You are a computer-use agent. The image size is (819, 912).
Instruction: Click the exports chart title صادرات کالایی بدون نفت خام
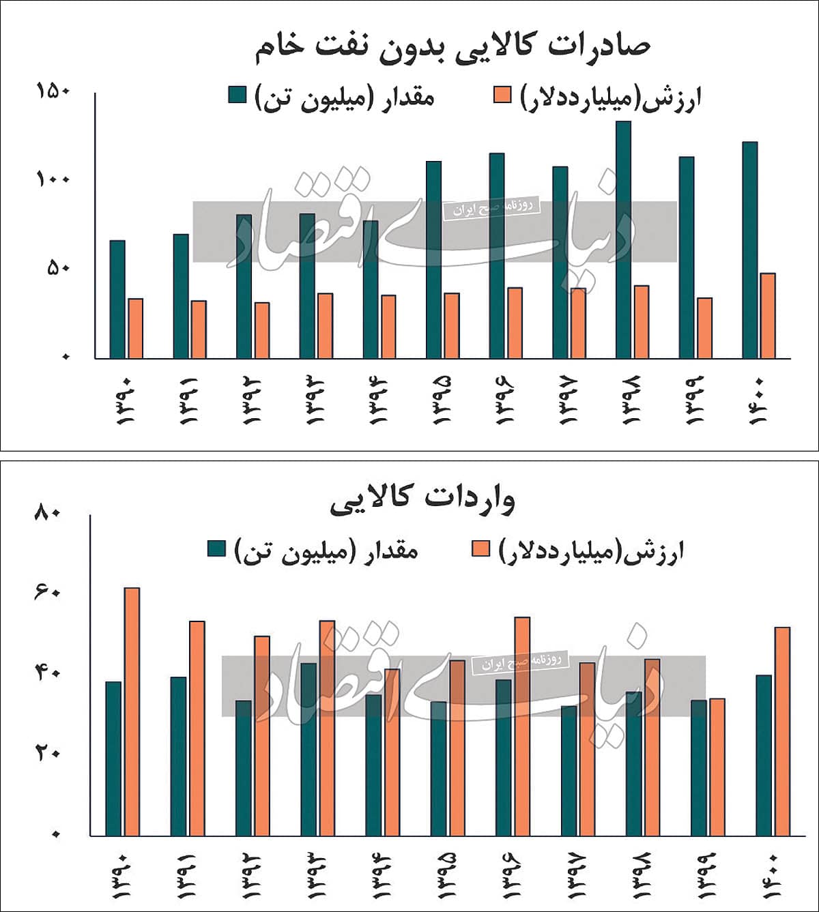pyautogui.click(x=452, y=46)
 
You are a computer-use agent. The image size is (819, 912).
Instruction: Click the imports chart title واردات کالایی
pyautogui.click(x=422, y=500)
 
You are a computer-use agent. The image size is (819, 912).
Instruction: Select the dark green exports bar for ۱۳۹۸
pyautogui.click(x=623, y=239)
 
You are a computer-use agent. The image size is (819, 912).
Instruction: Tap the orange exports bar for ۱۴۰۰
pyautogui.click(x=768, y=316)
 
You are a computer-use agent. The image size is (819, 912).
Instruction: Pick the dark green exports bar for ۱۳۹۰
pyautogui.click(x=117, y=299)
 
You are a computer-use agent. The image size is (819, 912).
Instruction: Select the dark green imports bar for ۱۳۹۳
pyautogui.click(x=308, y=749)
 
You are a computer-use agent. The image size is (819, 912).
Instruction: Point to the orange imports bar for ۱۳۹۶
pyautogui.click(x=522, y=726)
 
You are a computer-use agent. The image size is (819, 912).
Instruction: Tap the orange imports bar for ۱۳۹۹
pyautogui.click(x=717, y=767)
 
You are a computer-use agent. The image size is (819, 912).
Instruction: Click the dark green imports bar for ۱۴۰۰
pyautogui.click(x=764, y=755)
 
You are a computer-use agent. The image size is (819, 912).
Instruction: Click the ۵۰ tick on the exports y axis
pyautogui.click(x=58, y=268)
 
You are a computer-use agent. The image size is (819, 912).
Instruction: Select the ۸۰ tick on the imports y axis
pyautogui.click(x=48, y=513)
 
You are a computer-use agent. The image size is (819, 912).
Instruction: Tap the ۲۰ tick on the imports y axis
pyautogui.click(x=48, y=754)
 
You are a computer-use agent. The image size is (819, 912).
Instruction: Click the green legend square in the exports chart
pyautogui.click(x=237, y=95)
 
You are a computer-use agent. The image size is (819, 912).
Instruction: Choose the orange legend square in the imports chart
pyautogui.click(x=480, y=548)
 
